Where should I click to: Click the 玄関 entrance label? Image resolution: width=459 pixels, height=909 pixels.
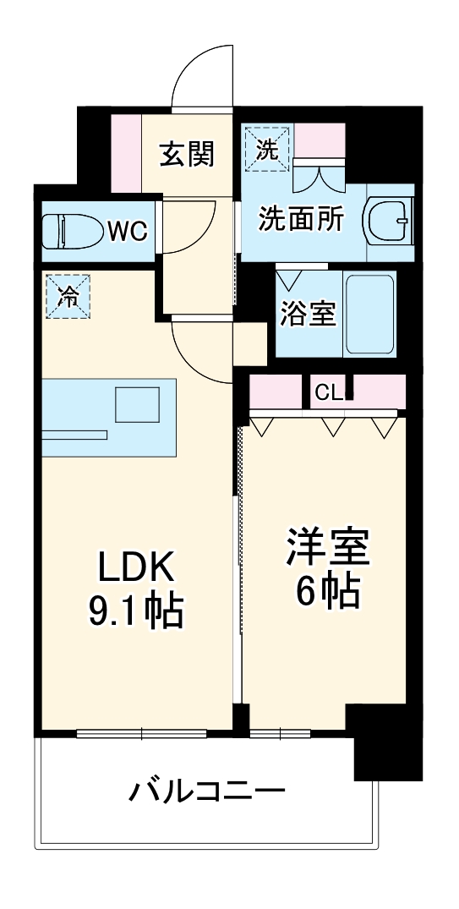point(188,155)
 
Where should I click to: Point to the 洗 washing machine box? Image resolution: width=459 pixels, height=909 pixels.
point(266,149)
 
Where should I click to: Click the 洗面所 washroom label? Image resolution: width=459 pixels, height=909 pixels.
point(301,220)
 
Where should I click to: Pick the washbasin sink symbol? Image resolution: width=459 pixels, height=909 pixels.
point(388,222)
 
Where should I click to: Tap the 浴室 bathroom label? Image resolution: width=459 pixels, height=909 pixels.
point(308,315)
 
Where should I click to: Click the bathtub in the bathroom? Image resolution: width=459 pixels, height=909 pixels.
point(369,315)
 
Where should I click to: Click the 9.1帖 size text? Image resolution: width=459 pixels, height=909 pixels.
point(135,611)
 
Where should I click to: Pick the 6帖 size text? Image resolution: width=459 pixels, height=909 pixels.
point(328,592)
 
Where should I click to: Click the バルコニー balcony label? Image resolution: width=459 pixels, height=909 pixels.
point(206,792)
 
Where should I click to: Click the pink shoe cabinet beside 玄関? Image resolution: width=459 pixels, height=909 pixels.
point(126,152)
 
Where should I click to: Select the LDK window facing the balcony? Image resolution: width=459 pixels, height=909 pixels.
point(142,733)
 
